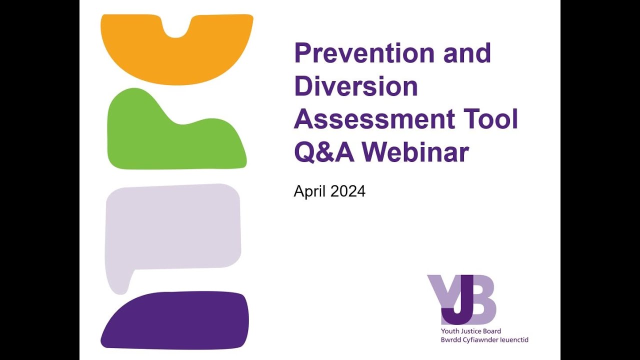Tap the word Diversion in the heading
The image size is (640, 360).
pyautogui.click(x=355, y=86)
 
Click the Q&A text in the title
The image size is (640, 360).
pyautogui.click(x=324, y=152)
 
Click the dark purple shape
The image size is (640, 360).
pyautogui.click(x=175, y=320)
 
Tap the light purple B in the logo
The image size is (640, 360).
pyautogui.click(x=482, y=300)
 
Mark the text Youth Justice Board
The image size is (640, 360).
pyautogui.click(x=470, y=331)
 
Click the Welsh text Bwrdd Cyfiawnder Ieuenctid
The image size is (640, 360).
pyautogui.click(x=484, y=340)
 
